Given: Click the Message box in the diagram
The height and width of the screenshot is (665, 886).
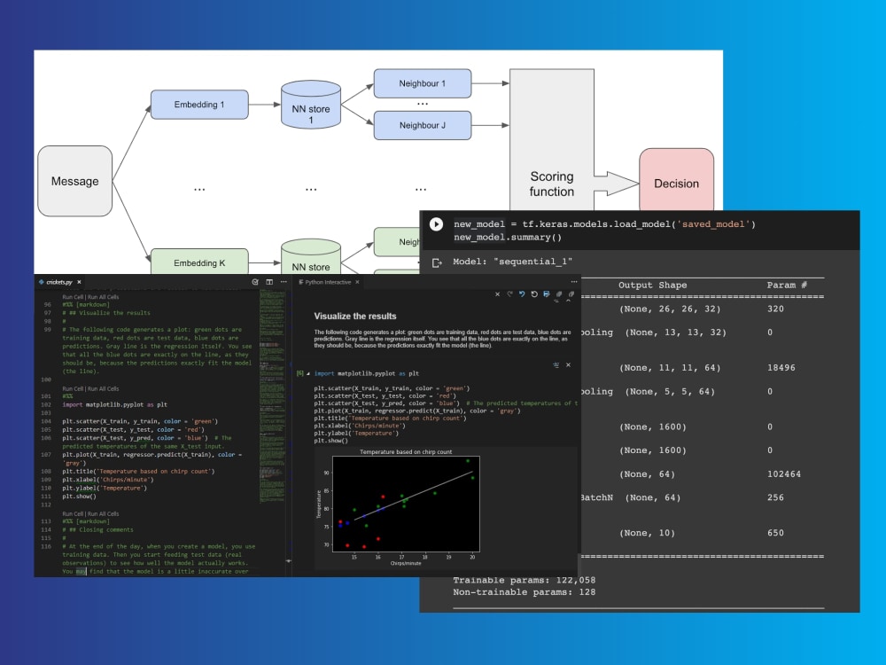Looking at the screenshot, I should tap(74, 182).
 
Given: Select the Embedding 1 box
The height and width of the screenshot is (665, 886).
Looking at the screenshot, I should tap(199, 105).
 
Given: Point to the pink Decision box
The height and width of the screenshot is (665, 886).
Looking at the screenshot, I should tap(676, 184).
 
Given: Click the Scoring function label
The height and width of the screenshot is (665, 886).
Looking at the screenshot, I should tap(551, 184).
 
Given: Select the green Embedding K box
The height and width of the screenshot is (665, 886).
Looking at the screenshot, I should tap(199, 262).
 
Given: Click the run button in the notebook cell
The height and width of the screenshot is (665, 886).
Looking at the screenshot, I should tap(436, 224).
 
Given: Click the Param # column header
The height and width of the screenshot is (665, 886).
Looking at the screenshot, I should tap(787, 285).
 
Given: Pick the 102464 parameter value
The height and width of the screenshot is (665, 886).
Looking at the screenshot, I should tap(784, 474).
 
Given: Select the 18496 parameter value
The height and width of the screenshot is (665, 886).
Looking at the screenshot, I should tap(783, 368).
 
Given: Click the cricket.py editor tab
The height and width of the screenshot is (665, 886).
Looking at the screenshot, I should tap(61, 281).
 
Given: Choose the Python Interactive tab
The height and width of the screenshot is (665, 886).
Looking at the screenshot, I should tap(327, 282).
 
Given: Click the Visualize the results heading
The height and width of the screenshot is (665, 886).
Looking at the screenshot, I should tap(355, 316).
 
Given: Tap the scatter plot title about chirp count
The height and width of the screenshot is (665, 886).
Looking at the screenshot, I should tap(406, 452).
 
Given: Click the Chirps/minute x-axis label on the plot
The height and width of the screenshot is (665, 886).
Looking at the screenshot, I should tap(406, 565).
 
